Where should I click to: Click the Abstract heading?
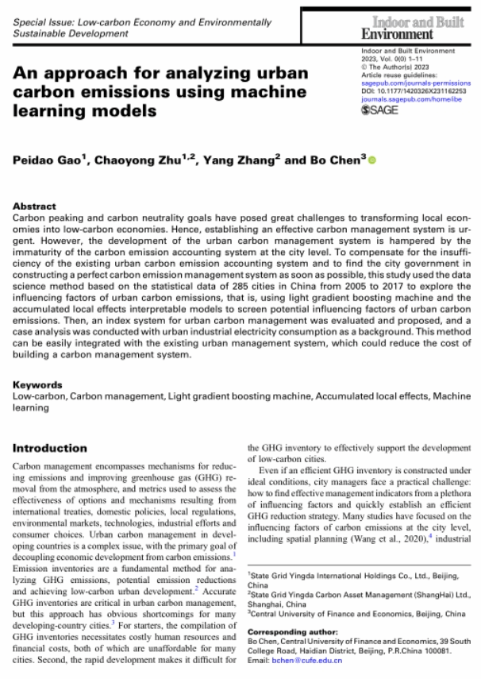pyautogui.click(x=35, y=205)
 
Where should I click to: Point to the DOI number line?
pyautogui.click(x=413, y=91)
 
